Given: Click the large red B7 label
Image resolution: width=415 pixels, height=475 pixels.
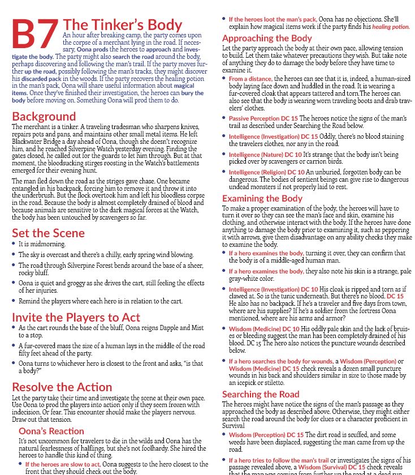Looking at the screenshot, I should [x=35, y=35].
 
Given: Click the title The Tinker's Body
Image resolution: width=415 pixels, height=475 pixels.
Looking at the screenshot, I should [x=123, y=25].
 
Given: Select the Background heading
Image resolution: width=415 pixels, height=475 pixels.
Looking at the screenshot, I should [x=44, y=117].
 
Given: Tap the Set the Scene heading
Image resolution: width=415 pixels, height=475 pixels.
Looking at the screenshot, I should [x=48, y=233].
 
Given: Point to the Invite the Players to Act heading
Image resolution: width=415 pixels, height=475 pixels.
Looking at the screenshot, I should [x=76, y=317].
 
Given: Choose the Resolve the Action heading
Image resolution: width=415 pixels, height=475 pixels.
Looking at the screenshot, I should [x=62, y=387].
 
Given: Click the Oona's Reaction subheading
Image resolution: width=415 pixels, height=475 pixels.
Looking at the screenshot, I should [x=51, y=431].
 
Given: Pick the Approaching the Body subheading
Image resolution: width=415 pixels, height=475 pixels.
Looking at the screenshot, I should [x=267, y=38].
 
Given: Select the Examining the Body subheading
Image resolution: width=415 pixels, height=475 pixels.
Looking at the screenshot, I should [x=262, y=198].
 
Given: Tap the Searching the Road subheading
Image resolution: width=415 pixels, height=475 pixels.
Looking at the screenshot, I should [x=261, y=394].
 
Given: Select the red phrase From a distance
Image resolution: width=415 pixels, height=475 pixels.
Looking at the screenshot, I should [x=250, y=79].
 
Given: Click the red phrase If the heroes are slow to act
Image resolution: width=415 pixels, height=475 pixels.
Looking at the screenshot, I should [x=63, y=464].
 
